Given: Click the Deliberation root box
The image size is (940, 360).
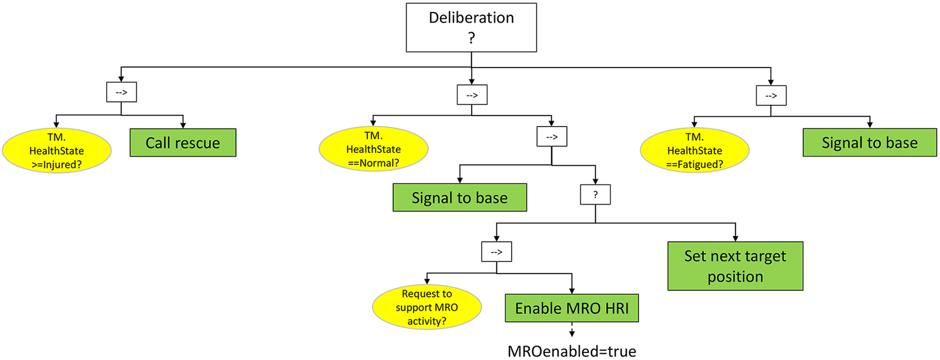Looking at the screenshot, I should point(471,27).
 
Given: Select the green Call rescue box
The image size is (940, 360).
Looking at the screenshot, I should point(183,143).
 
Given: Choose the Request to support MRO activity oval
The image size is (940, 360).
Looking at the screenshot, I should point(427,306).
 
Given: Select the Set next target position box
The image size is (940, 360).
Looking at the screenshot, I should point(735,266).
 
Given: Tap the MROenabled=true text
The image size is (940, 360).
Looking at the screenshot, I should point(572,351).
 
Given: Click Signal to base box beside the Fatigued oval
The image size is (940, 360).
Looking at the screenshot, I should point(869,143).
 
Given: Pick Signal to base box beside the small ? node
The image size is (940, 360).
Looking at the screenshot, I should point(460,198).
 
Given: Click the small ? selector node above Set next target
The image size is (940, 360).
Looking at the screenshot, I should point(595,196).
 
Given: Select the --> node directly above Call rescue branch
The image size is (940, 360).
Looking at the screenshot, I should point(121,93).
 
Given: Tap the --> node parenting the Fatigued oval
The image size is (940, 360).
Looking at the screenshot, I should point(771,96).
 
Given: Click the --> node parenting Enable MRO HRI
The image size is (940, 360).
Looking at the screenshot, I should point(496,252).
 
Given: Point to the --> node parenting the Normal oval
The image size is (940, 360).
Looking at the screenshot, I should point(472,96).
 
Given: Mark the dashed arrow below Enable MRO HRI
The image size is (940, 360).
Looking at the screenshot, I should point(572,330).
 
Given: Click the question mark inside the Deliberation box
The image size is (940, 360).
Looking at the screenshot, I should point(471,37).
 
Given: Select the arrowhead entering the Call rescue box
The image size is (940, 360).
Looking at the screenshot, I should point(183,125).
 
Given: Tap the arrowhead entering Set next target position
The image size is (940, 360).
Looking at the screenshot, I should point(735,237).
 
